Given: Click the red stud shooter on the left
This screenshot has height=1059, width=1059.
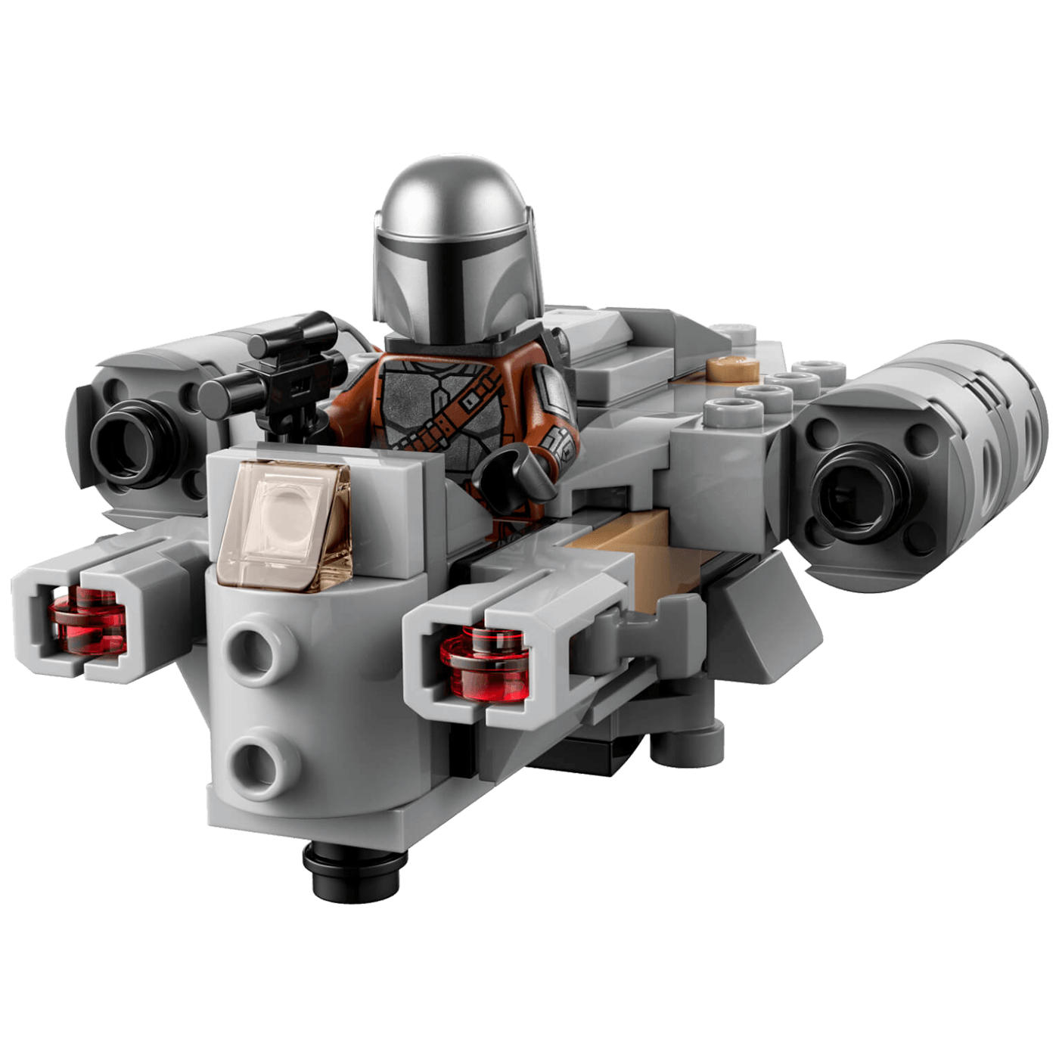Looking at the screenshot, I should pos(87,620).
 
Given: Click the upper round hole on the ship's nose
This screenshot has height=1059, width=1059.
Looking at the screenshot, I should pos(254,651).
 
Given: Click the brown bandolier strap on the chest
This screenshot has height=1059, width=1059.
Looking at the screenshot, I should pos(454,412).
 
